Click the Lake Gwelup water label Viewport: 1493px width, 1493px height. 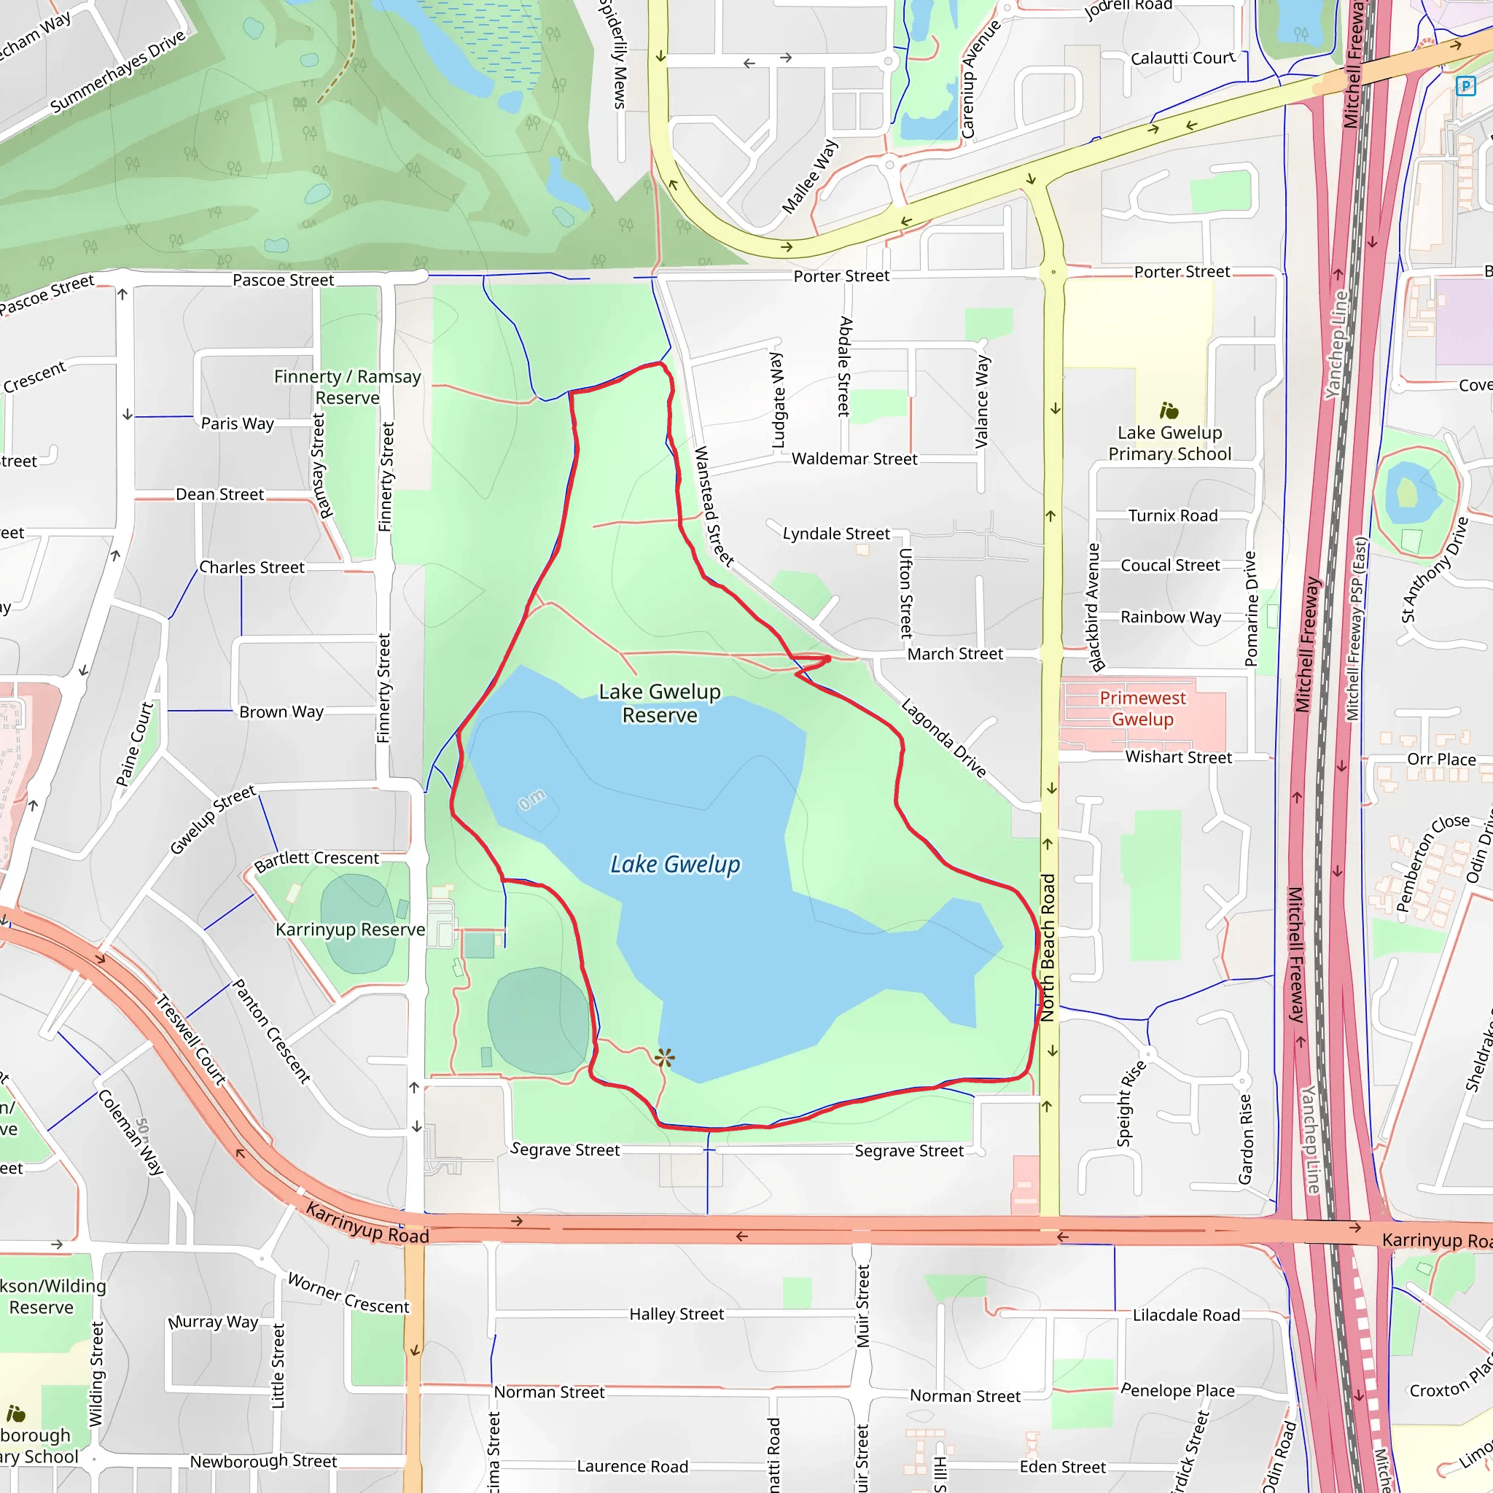click(x=674, y=864)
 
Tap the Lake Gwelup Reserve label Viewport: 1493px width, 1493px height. click(x=659, y=703)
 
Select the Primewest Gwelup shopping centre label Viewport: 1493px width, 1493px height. click(x=1142, y=708)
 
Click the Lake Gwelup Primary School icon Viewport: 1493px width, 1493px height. click(x=1169, y=410)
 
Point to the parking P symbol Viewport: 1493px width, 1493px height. click(x=1465, y=86)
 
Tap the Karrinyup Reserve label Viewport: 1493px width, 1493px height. click(x=350, y=929)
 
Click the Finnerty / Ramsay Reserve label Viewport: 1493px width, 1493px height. click(x=348, y=386)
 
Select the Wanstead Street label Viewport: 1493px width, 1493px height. click(x=712, y=507)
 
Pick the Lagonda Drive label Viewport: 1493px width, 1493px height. click(x=943, y=738)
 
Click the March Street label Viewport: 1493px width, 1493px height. click(x=955, y=654)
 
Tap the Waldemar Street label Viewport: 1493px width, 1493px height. click(x=854, y=459)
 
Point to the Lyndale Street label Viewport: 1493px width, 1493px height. click(x=836, y=533)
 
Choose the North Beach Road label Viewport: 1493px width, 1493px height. click(x=1048, y=948)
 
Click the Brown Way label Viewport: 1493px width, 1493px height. click(x=281, y=712)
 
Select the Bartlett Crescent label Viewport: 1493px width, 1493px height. click(x=317, y=860)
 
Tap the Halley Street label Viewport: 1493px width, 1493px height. click(x=677, y=1314)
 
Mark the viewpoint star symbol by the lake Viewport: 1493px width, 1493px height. click(x=665, y=1057)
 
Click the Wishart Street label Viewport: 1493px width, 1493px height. click(x=1179, y=757)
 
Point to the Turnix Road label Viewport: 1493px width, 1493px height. click(x=1172, y=515)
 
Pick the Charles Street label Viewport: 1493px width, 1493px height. click(x=252, y=567)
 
